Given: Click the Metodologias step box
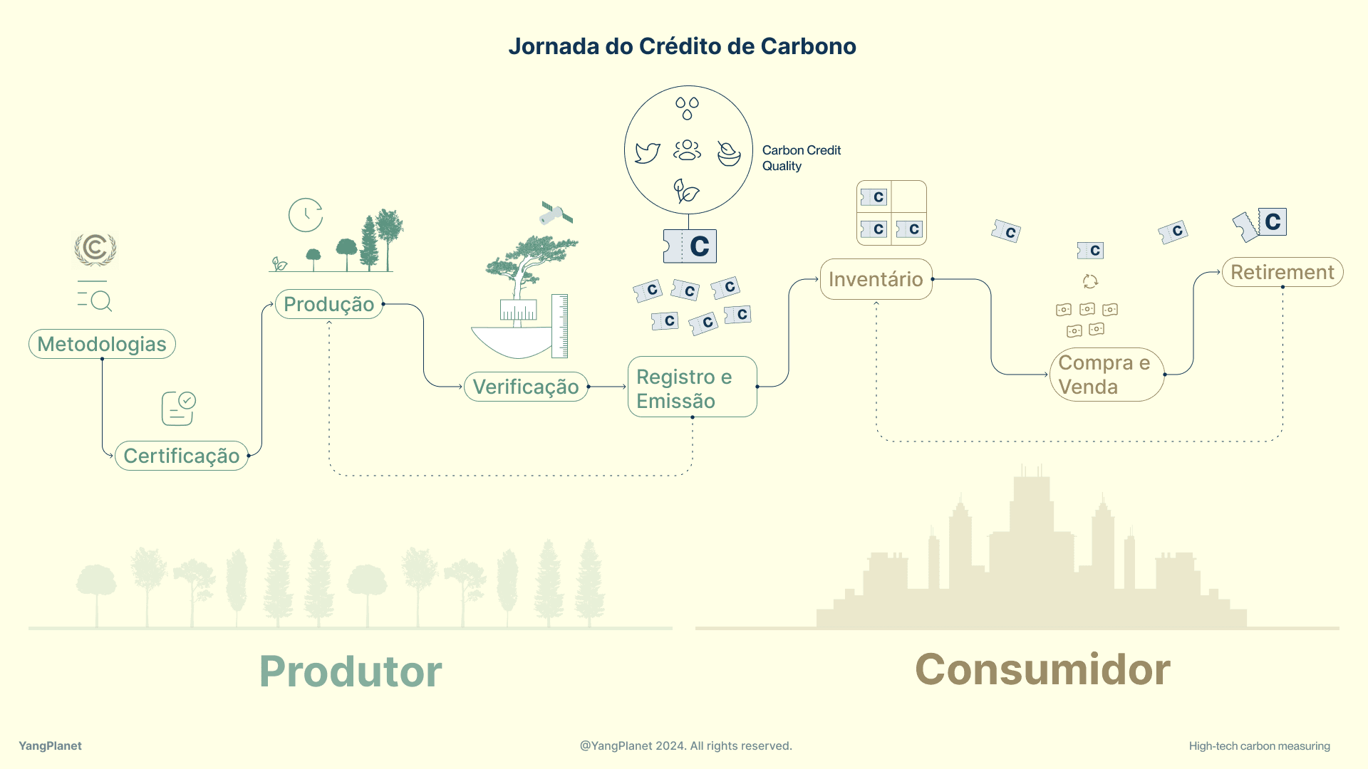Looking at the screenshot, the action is coord(102,344).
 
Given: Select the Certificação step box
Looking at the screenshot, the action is coord(182,456).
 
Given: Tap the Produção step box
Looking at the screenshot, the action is coord(329,304).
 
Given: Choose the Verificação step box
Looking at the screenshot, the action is coord(526,387).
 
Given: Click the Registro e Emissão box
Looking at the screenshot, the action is coord(692,387).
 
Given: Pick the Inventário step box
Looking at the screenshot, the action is coord(876,279).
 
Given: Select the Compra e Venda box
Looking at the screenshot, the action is coord(1107,375).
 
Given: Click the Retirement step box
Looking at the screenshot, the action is coord(1282,272).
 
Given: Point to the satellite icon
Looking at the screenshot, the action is coord(556,213).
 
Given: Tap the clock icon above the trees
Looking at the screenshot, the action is coord(306,215).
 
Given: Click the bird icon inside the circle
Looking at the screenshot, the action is coord(647,152).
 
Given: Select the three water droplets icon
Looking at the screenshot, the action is coord(687,108).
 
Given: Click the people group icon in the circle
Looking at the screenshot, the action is coord(687,150).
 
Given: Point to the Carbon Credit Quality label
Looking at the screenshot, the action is coord(802,158).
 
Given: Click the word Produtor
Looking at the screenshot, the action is coord(351,671).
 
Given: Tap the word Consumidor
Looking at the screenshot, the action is coord(1042,669).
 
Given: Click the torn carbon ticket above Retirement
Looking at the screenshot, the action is coord(1260,225).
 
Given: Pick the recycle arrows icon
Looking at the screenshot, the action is coord(1090,281).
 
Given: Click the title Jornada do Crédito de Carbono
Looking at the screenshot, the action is coord(682,46).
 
